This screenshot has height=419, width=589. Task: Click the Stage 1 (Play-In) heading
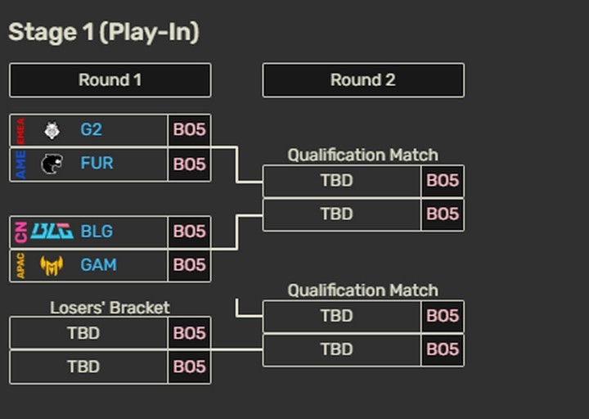tap(104, 33)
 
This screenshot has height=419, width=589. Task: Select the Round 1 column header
tap(110, 80)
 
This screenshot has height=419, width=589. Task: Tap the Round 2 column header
tap(362, 80)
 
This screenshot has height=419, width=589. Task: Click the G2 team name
tap(91, 130)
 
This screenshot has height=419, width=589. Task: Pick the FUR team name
tap(97, 164)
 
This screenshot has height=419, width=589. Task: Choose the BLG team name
tap(97, 232)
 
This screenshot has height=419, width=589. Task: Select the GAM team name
tap(98, 265)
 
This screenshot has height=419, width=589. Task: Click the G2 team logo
tap(52, 130)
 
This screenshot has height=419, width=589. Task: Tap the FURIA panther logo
tap(52, 164)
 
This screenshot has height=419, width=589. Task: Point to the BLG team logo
tap(52, 232)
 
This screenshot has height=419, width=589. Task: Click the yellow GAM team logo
tap(52, 265)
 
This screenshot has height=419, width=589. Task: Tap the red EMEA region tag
tap(20, 130)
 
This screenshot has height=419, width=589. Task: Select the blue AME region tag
tap(20, 164)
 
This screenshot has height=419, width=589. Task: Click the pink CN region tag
tap(20, 232)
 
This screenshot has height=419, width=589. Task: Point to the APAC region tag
tap(20, 265)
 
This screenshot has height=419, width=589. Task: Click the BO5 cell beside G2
tap(189, 130)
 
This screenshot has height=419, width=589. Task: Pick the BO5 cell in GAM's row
tap(189, 265)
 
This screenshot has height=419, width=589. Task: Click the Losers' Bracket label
tap(110, 308)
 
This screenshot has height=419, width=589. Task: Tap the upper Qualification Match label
tap(362, 155)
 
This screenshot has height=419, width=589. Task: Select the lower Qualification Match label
tap(362, 291)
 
